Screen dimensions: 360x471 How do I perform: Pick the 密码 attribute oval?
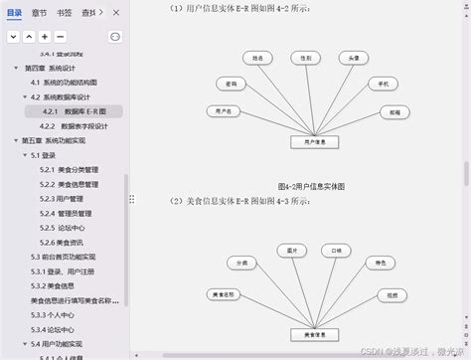coord(232,84)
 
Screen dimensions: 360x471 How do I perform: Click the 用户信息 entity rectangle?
coord(315,142)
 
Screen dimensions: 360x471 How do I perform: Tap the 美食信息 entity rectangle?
coord(315,332)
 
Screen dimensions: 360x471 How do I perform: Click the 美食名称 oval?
coord(224,295)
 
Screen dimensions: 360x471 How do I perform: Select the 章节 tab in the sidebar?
coord(40,13)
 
